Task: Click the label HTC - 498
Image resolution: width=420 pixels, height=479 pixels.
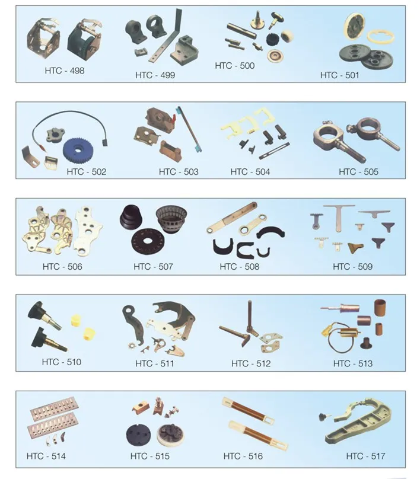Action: click(65, 71)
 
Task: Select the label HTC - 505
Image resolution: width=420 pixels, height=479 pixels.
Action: click(358, 172)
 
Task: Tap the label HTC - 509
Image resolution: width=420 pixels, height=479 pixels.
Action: click(352, 267)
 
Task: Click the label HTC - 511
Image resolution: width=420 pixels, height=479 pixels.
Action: click(155, 363)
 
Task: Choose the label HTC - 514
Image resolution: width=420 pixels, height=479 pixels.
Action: click(46, 456)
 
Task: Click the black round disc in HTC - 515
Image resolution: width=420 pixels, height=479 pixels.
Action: click(138, 435)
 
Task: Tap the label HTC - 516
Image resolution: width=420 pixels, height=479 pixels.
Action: click(243, 456)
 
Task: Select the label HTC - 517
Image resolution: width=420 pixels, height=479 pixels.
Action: click(365, 456)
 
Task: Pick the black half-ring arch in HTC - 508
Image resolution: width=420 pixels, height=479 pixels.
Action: click(271, 231)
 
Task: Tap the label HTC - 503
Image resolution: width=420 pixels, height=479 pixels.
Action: click(179, 172)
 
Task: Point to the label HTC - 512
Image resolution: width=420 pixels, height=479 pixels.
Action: click(251, 363)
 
